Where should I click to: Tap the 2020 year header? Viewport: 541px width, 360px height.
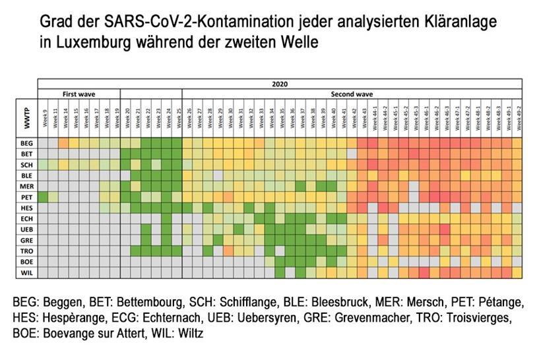280,84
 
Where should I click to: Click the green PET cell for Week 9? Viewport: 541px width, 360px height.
44,196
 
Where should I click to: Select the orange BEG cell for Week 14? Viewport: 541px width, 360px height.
64,142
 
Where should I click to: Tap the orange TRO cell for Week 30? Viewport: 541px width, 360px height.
228,251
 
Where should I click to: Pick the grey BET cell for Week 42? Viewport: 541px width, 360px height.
352,153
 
